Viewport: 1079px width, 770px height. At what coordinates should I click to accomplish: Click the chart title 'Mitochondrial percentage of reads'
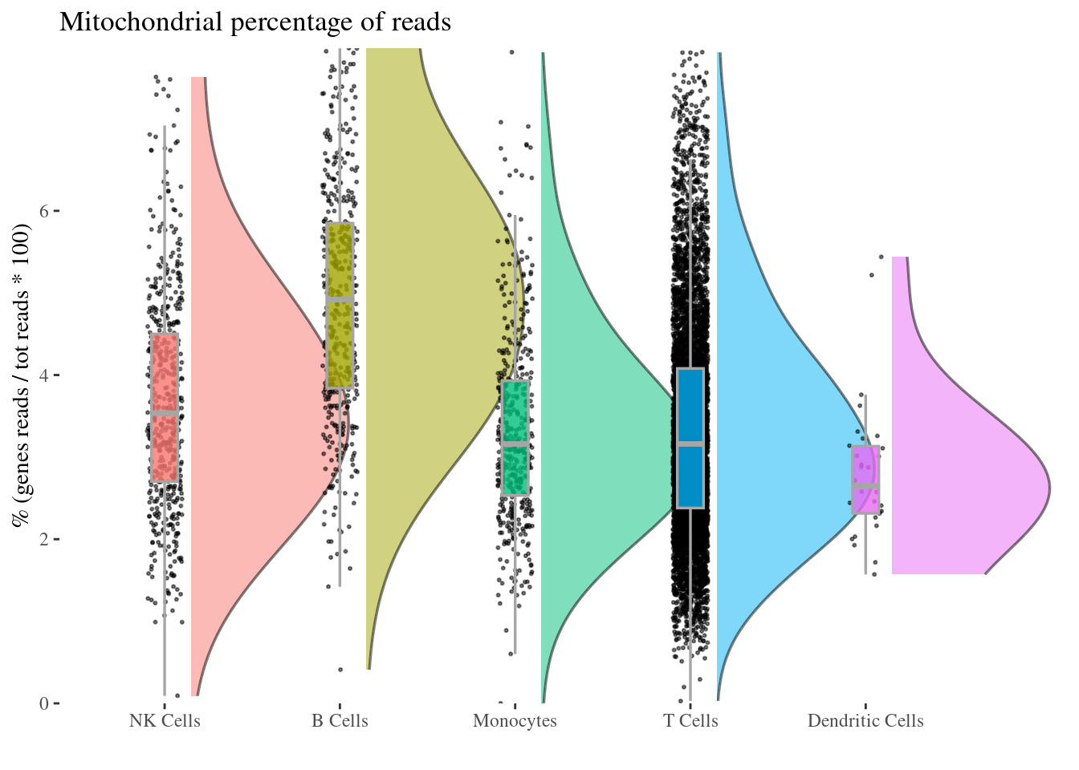pos(255,22)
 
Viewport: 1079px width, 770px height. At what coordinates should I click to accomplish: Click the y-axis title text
pos(22,375)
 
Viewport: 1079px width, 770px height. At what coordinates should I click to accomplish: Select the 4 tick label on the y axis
pos(44,375)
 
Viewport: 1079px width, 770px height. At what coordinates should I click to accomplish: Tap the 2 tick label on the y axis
pos(44,539)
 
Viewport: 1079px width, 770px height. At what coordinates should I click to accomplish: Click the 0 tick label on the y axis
pos(44,703)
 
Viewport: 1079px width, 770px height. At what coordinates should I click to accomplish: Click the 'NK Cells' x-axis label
pos(165,721)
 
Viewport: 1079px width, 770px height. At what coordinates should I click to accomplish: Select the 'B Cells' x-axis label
pos(340,721)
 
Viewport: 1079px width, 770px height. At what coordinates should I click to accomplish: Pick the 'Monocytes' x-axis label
pos(515,721)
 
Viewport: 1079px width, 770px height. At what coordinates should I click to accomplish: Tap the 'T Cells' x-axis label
pos(690,721)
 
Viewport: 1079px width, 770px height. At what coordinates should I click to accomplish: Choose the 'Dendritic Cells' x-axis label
pos(865,721)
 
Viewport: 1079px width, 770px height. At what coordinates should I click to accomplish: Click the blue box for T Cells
pos(690,401)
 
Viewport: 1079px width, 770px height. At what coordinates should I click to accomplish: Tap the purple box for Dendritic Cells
pos(865,465)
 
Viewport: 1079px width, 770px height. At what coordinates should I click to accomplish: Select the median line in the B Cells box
pos(340,298)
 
